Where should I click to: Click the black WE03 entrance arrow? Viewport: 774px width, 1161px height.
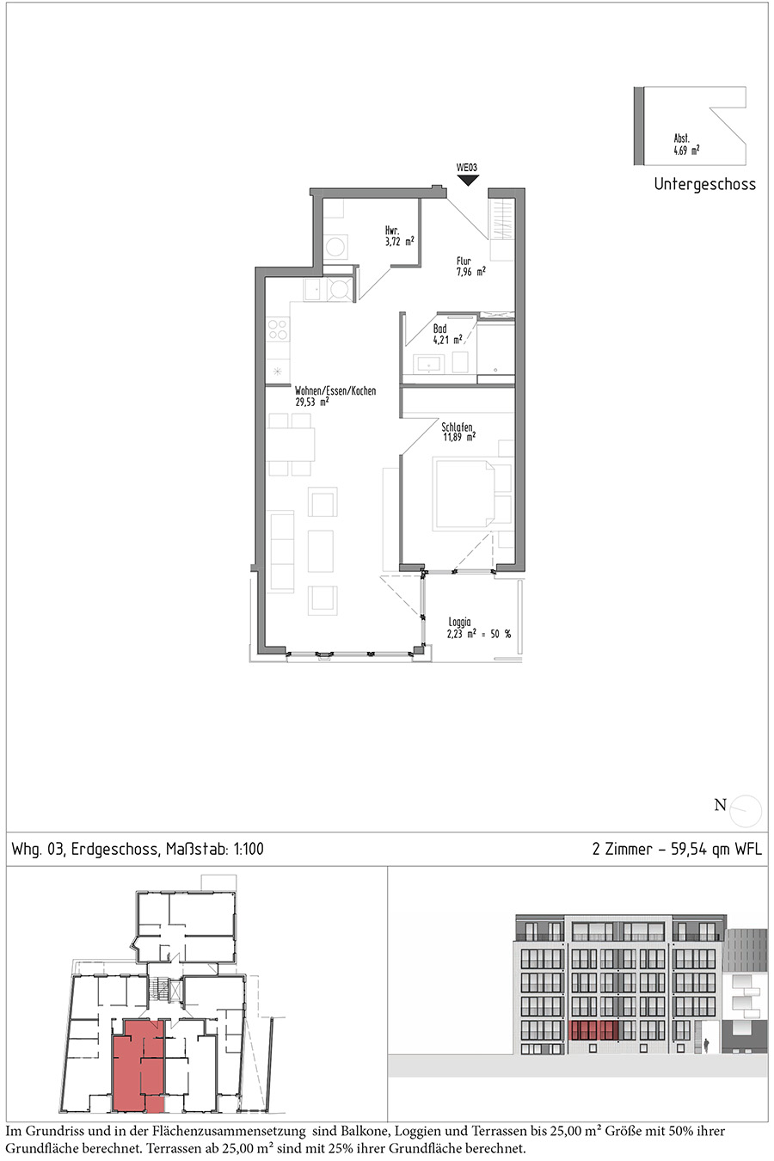point(468,181)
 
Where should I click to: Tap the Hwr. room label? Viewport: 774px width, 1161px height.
point(392,230)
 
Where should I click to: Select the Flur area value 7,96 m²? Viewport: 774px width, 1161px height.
point(470,272)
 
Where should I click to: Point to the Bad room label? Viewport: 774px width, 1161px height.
point(439,329)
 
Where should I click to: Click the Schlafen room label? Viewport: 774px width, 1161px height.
point(457,427)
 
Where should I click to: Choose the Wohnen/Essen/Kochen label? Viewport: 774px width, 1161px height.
point(335,390)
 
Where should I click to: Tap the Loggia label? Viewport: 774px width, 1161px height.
point(459,622)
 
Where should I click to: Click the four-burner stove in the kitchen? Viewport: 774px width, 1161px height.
point(278,329)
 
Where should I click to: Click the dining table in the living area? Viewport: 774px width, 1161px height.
point(291,444)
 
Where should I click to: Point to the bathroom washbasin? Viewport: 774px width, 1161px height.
point(429,364)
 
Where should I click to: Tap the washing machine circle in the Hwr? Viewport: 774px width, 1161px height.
point(335,245)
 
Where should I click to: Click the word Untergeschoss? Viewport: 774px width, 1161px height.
point(704,184)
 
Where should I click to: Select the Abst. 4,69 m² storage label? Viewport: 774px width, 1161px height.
point(686,145)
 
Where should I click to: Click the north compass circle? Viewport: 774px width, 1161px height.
point(746,811)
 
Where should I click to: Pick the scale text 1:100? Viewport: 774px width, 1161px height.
point(249,849)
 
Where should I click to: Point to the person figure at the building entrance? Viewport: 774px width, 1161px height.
point(706,1043)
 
